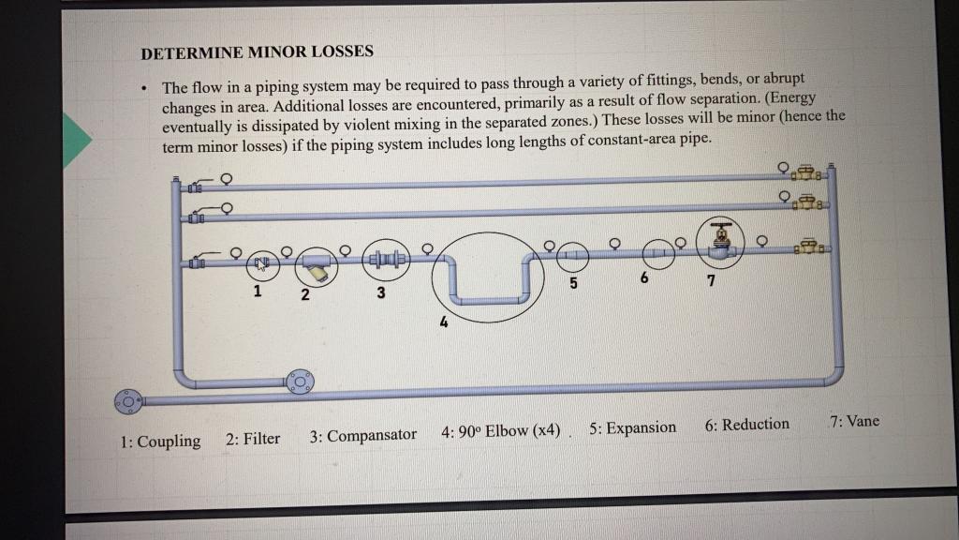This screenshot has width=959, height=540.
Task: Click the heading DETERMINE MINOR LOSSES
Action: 257,52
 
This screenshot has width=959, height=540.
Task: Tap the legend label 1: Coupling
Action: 160,441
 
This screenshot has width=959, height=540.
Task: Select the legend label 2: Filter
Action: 253,438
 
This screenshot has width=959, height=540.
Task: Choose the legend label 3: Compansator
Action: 362,435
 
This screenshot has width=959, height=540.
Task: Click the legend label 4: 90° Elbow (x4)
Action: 501,431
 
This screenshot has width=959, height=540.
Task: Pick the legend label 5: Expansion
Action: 632,427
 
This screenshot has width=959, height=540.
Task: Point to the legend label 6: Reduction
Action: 746,424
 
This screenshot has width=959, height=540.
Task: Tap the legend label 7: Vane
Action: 854,420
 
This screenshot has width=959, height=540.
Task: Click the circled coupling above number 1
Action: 262,264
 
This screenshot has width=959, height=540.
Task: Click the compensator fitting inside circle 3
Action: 385,259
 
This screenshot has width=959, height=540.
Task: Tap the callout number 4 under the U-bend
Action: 444,323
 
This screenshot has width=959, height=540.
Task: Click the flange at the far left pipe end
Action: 126,401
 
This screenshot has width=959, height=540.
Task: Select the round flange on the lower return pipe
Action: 301,381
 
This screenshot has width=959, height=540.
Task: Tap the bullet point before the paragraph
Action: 142,89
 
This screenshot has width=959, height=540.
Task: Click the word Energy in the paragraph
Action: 791,98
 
